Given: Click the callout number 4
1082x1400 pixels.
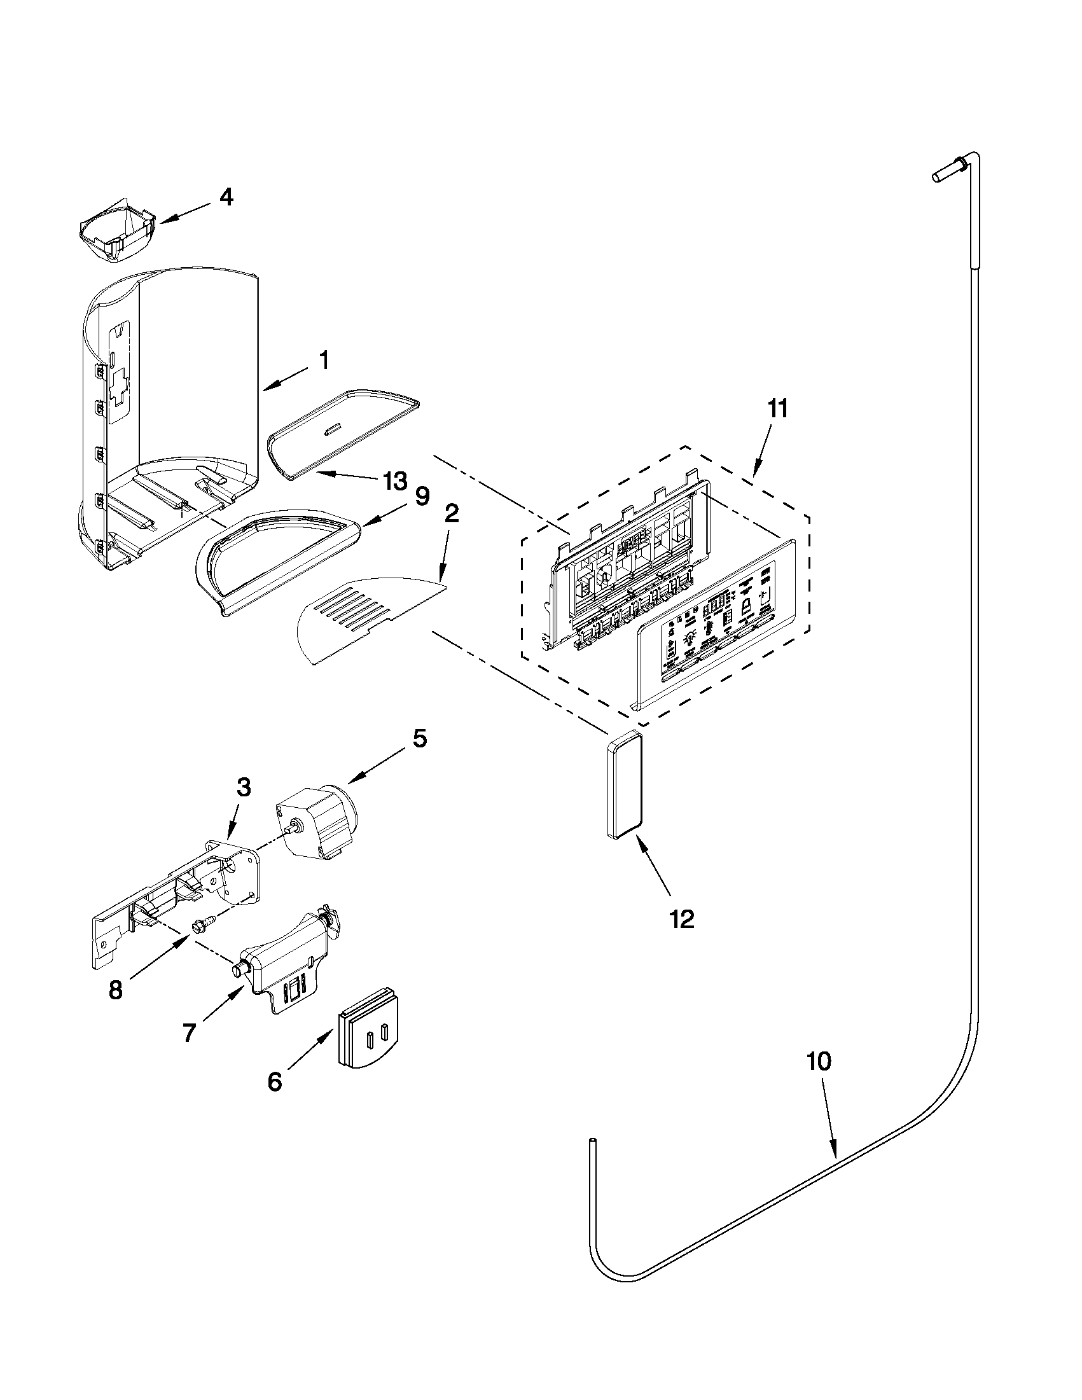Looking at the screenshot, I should (226, 197).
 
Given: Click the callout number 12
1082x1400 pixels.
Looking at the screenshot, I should (682, 920).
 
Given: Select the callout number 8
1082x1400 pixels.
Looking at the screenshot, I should (115, 990).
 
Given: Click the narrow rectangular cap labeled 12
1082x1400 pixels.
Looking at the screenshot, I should (623, 785).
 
